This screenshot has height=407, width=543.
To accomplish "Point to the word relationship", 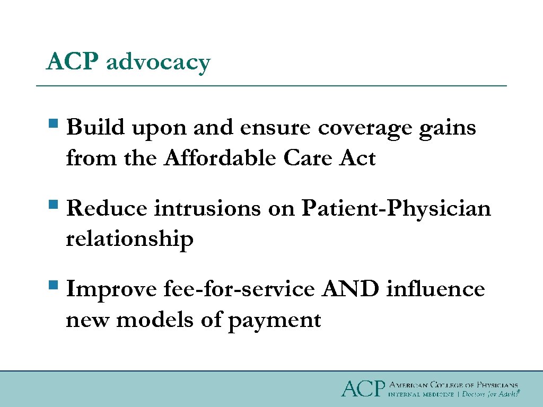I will point(129,240).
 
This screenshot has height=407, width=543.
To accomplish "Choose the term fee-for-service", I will point(239,290).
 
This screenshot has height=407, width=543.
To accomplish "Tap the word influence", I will point(435,290).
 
